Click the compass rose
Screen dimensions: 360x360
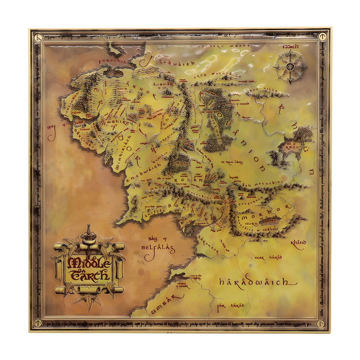click(x=290, y=66)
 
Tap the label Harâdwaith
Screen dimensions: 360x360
click(x=258, y=282)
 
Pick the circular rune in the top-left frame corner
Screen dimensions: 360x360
click(x=38, y=37)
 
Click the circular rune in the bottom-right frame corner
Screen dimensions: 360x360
click(x=321, y=323)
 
